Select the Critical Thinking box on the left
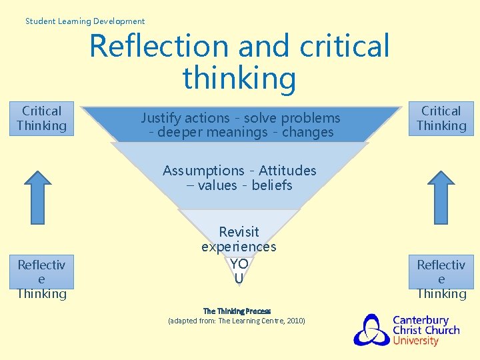pyautogui.click(x=41, y=119)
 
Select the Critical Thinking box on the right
pyautogui.click(x=441, y=119)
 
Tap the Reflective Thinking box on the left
pyautogui.click(x=41, y=279)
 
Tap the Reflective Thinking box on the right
pyautogui.click(x=441, y=279)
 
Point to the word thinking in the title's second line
pyautogui.click(x=239, y=77)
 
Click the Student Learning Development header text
pyautogui.click(x=85, y=21)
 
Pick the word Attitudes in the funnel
pyautogui.click(x=287, y=171)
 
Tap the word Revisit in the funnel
pyautogui.click(x=239, y=232)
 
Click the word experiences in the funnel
pyautogui.click(x=239, y=247)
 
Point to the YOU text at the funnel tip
pyautogui.click(x=239, y=271)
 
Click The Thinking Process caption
pyautogui.click(x=237, y=311)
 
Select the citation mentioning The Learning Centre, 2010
pyautogui.click(x=237, y=321)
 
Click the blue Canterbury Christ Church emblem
pyautogui.click(x=371, y=329)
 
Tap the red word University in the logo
pyautogui.click(x=415, y=341)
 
